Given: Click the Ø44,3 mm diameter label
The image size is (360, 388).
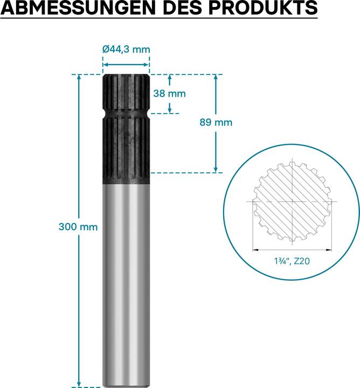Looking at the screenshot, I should tap(126, 50).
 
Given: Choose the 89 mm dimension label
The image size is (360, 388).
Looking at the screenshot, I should tap(216, 122).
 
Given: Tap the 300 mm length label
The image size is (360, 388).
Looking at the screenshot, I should tap(78, 227).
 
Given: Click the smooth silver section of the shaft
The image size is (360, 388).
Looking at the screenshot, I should tap(126, 280).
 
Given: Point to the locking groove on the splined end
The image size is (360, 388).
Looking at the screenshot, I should tap(126, 115).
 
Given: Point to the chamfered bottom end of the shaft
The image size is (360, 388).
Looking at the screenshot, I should tap(126, 385).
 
